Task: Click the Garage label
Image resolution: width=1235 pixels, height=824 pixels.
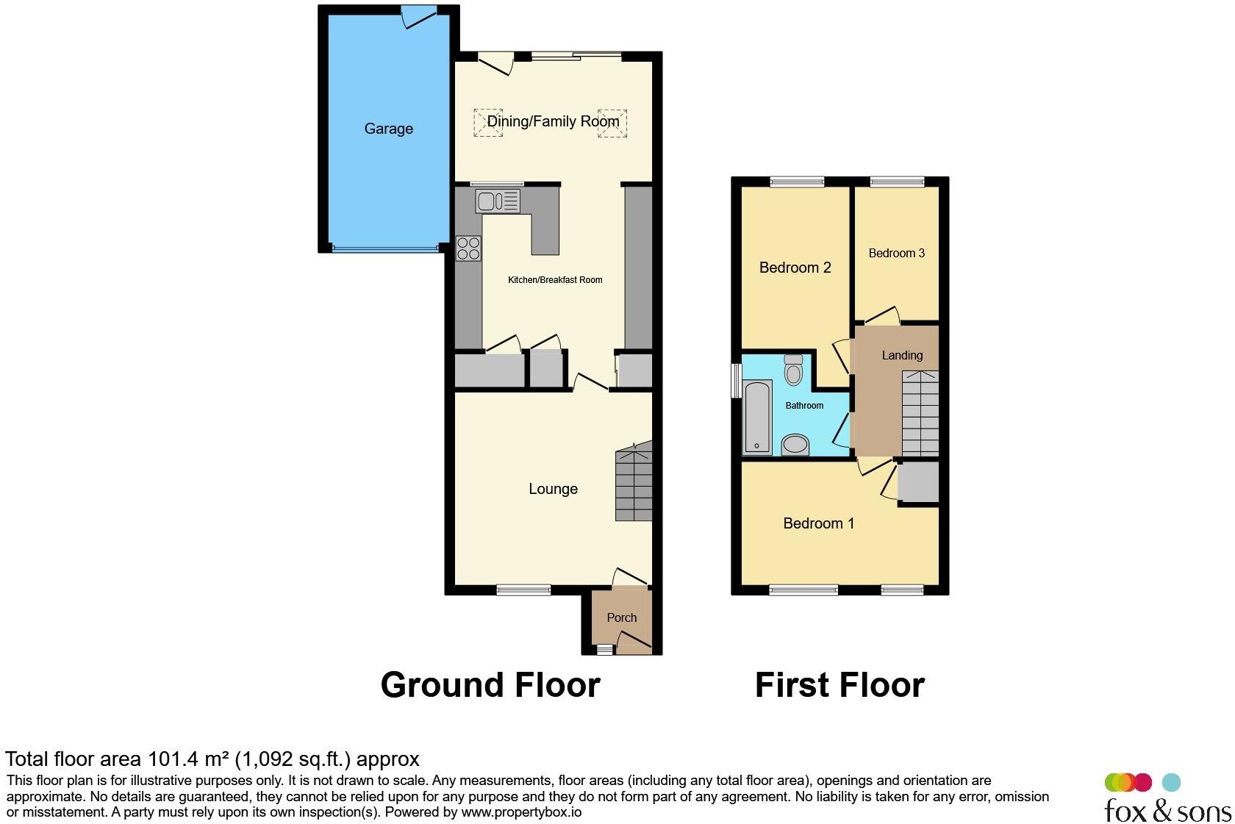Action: (x=388, y=129)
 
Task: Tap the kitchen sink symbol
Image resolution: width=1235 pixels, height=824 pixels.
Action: (x=498, y=201)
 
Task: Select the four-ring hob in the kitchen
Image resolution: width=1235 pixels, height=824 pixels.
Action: (x=468, y=248)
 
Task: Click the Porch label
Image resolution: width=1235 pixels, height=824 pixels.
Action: (x=621, y=617)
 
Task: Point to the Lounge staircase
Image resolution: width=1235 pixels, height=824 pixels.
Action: (x=634, y=482)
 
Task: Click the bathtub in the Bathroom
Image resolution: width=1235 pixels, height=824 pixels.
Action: (x=757, y=417)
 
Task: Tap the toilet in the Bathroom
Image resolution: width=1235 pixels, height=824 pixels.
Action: (x=793, y=370)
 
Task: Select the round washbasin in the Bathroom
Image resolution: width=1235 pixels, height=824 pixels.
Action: (x=795, y=445)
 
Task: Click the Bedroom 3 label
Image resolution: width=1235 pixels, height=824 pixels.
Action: (x=896, y=253)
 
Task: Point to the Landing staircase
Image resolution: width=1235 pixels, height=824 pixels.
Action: (x=920, y=413)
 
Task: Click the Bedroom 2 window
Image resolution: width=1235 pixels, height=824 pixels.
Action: (x=797, y=182)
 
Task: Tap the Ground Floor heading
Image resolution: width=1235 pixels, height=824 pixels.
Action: (x=490, y=685)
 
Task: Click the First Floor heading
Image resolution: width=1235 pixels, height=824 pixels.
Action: (x=840, y=685)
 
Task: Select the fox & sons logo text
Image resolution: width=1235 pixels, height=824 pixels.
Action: (x=1167, y=811)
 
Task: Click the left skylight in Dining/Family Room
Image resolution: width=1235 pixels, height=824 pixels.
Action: (x=487, y=123)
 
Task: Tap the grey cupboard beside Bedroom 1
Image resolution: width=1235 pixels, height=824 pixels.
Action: (x=918, y=483)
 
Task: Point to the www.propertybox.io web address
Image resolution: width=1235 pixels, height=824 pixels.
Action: (x=521, y=812)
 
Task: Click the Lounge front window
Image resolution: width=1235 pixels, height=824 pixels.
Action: (x=523, y=590)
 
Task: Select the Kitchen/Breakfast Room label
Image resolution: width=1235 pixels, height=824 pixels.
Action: (x=555, y=280)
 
